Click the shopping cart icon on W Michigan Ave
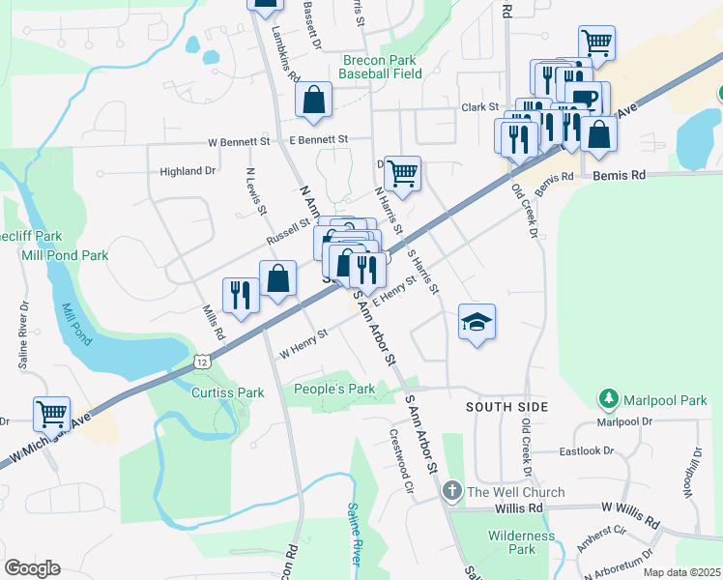point(51,414)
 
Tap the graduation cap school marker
point(477,322)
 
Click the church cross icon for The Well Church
point(451,493)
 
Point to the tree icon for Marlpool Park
point(609,398)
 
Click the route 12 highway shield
point(200,361)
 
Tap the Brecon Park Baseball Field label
point(382,66)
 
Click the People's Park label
point(334,389)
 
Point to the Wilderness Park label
point(522,542)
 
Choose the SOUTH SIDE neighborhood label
point(507,407)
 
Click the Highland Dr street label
point(188,171)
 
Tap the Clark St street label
point(479,107)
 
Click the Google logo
point(32,568)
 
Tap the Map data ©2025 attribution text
point(681,572)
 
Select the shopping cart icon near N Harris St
point(403,174)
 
